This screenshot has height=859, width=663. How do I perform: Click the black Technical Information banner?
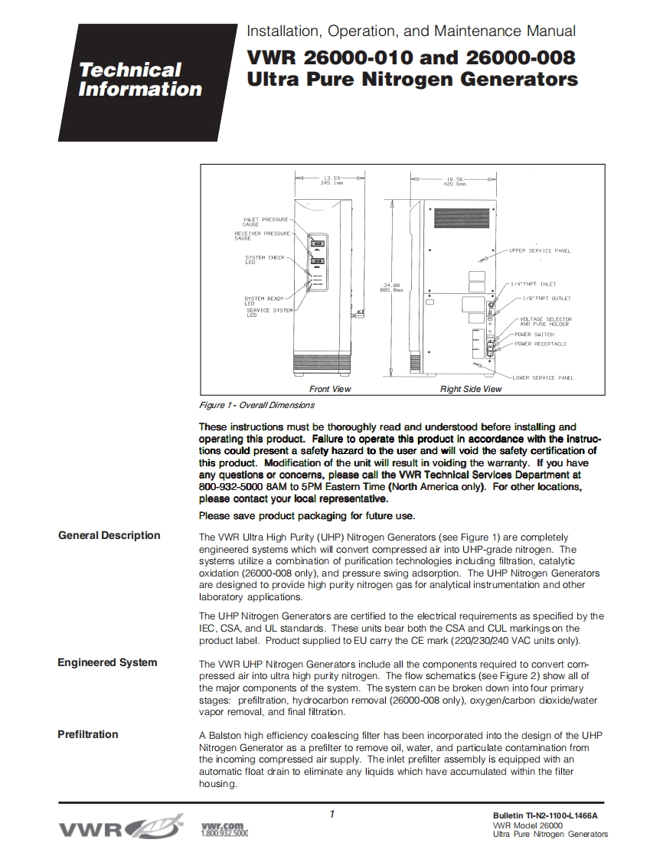pyautogui.click(x=141, y=80)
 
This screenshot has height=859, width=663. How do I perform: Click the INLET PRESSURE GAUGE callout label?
pyautogui.click(x=260, y=221)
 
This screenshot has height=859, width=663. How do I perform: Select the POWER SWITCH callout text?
pyautogui.click(x=534, y=335)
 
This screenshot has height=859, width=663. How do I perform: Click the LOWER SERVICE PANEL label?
pyautogui.click(x=543, y=377)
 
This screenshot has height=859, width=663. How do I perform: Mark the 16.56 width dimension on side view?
pyautogui.click(x=456, y=180)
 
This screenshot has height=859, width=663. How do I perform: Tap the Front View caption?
pyautogui.click(x=330, y=389)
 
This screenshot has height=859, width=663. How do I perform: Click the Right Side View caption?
pyautogui.click(x=470, y=389)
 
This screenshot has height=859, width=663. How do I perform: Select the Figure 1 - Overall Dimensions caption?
pyautogui.click(x=256, y=405)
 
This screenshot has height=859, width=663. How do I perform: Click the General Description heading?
pyautogui.click(x=109, y=535)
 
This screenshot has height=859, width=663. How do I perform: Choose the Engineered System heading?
pyautogui.click(x=107, y=662)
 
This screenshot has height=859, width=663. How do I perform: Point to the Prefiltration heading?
pyautogui.click(x=88, y=734)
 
